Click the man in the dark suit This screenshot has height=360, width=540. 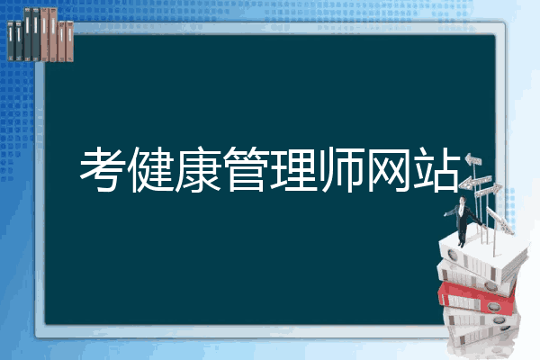click(x=461, y=220)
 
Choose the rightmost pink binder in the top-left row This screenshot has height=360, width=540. click(x=69, y=36)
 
